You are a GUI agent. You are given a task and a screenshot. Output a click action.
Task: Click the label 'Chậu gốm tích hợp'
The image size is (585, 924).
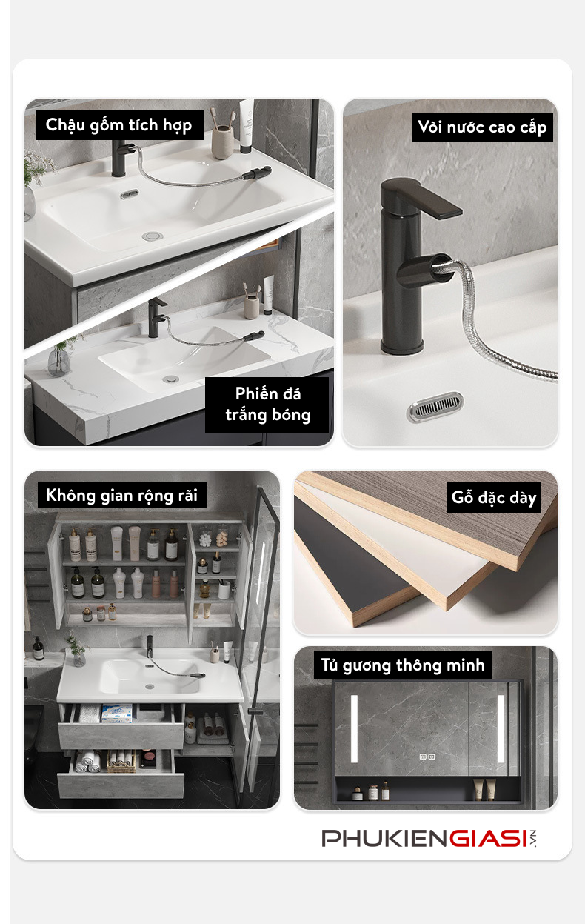(x=118, y=125)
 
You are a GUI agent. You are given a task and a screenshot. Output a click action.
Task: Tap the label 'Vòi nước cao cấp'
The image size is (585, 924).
(x=482, y=127)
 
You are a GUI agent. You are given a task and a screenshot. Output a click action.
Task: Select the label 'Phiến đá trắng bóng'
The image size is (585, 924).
(x=267, y=405)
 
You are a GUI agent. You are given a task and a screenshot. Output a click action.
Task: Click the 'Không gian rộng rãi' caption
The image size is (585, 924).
(x=121, y=496)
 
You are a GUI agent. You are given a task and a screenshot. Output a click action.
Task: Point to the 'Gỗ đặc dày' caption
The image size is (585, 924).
(x=493, y=498)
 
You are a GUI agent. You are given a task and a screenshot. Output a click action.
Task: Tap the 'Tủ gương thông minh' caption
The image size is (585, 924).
(x=403, y=665)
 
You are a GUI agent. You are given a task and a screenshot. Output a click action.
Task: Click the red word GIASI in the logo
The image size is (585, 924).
(x=487, y=839)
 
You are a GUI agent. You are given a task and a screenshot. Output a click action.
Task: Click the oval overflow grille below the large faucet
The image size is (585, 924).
(x=435, y=407)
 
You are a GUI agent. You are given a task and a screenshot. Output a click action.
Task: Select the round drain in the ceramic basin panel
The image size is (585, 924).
(x=152, y=236)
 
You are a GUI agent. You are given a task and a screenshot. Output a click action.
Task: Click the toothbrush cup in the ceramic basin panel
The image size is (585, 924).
(x=223, y=142)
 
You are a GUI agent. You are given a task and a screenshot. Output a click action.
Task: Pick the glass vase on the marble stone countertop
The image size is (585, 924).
(x=58, y=362)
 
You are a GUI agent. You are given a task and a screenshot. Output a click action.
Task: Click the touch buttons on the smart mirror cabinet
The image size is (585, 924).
(x=427, y=757)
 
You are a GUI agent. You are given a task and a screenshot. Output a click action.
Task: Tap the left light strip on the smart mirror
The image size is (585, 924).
(x=354, y=729)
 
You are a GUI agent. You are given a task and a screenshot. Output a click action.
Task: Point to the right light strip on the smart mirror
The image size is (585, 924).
(x=501, y=729)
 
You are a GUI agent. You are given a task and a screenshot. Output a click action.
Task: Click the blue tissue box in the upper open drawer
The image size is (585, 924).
(x=117, y=713)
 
